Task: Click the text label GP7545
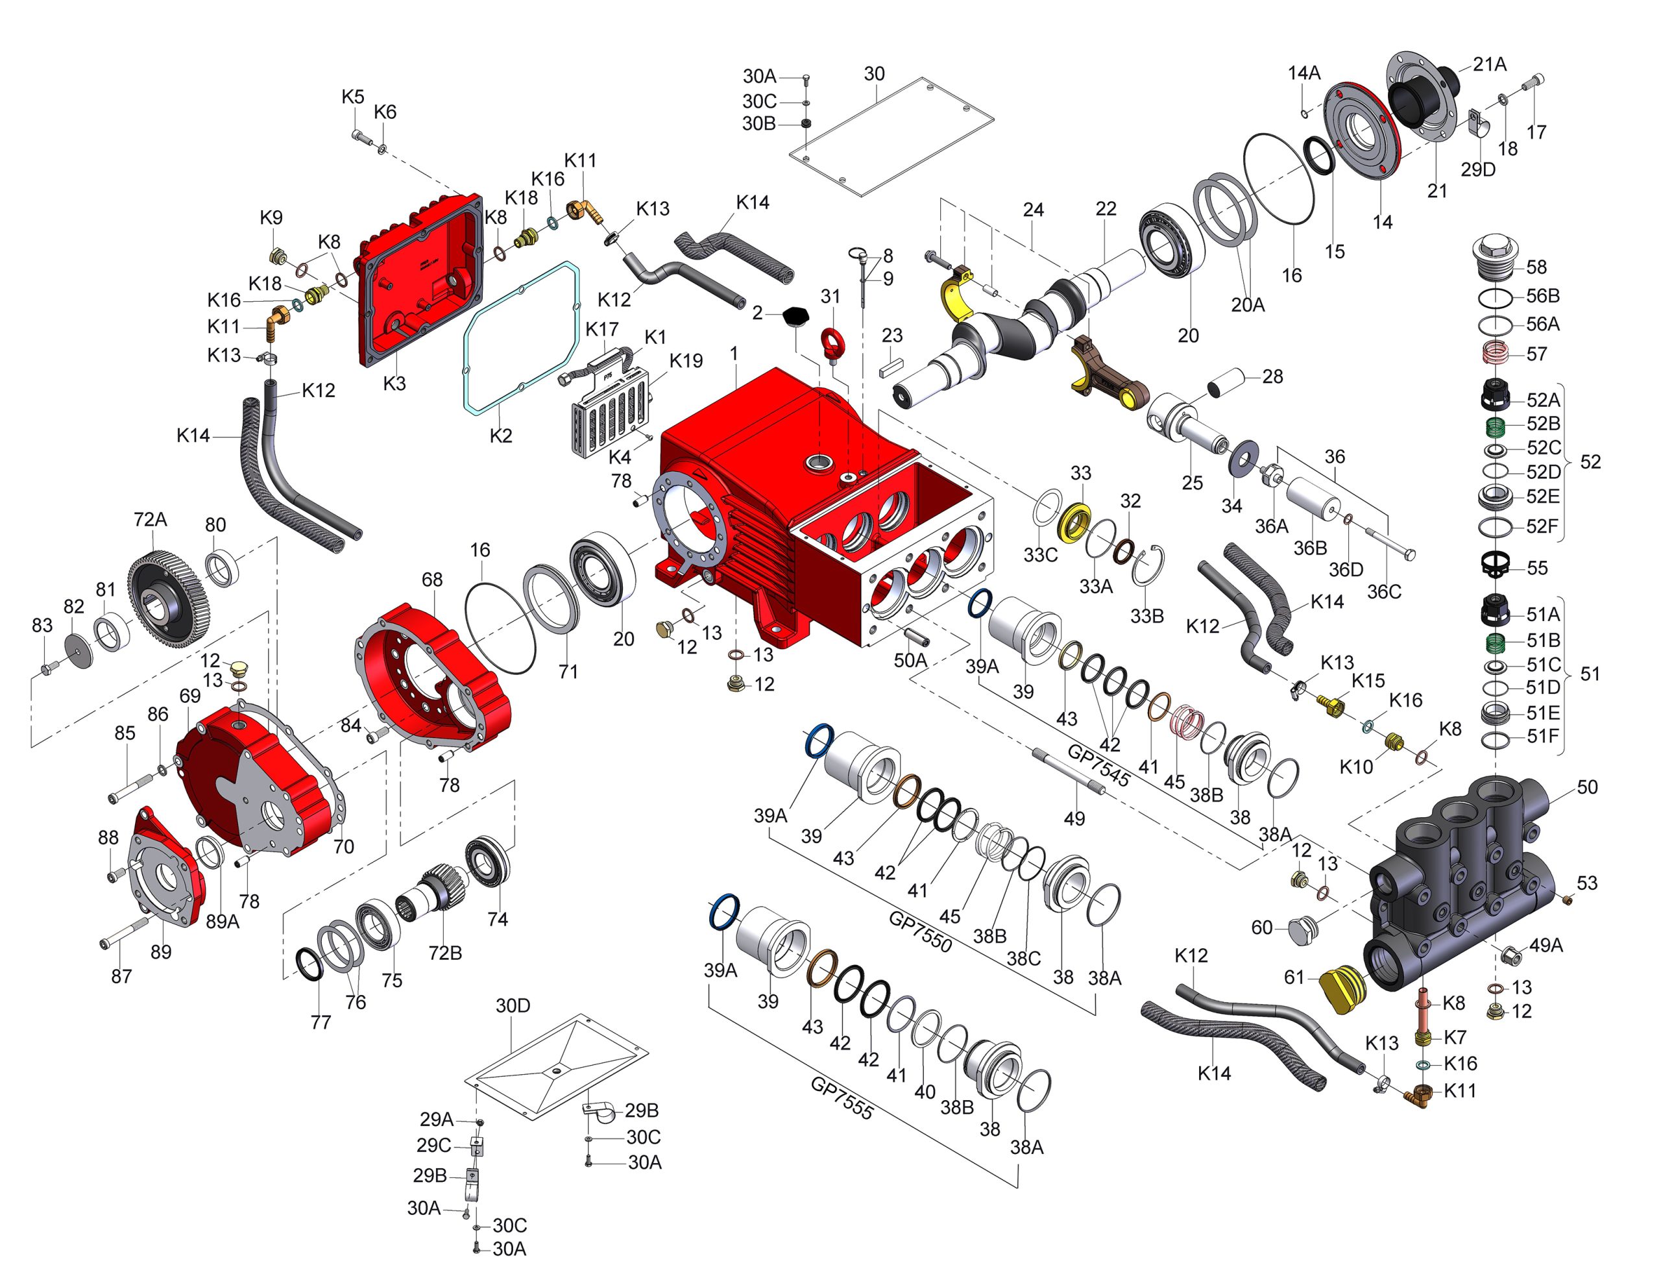pos(1099,765)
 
